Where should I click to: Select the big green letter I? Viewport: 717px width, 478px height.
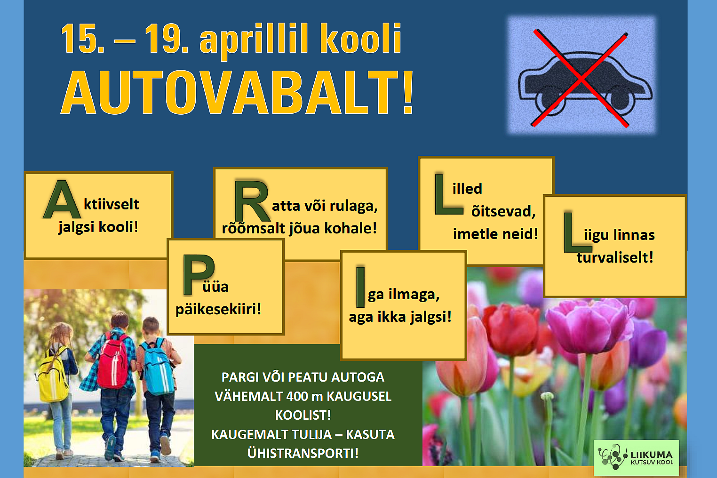360,287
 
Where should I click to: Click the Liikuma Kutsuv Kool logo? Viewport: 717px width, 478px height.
637,458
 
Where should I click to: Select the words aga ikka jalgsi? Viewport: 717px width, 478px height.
400,317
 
